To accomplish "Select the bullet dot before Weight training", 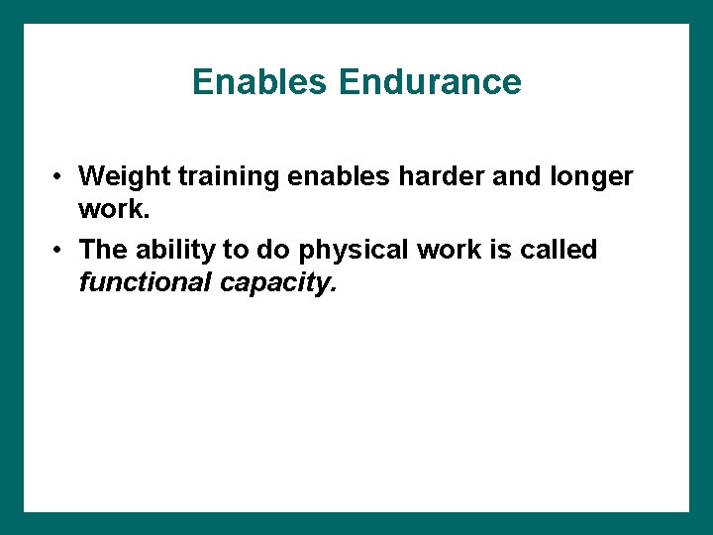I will [x=60, y=177].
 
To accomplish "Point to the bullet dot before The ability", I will [x=60, y=251].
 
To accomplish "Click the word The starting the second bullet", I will [x=101, y=250].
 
